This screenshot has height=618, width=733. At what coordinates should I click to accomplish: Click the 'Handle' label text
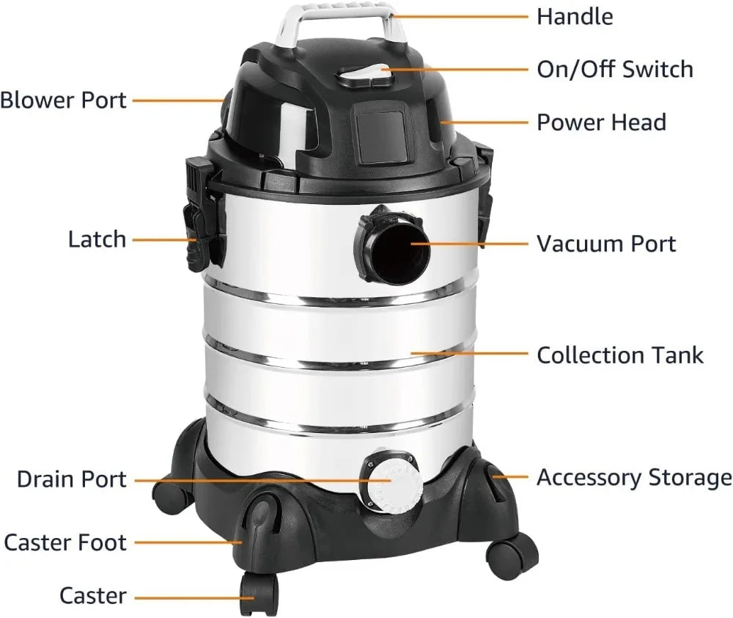tap(575, 16)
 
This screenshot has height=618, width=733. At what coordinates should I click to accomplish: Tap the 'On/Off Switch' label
tap(614, 69)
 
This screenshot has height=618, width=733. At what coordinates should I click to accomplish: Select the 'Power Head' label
tap(601, 122)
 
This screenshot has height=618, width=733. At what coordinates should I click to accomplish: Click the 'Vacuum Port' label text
tap(606, 243)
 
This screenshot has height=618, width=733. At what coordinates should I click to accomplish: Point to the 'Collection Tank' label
tap(620, 355)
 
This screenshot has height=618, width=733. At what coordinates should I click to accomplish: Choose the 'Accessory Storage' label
tap(634, 477)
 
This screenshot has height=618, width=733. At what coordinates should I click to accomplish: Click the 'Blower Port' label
tap(64, 100)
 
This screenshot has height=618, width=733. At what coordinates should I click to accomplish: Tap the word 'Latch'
tap(97, 239)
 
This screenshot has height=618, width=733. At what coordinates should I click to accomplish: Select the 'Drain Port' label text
tap(72, 479)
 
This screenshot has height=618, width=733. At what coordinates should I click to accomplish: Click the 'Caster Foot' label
tap(65, 543)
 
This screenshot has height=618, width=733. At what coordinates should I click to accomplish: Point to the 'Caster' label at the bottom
tap(93, 596)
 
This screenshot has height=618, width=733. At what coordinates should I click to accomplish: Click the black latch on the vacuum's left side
tap(199, 220)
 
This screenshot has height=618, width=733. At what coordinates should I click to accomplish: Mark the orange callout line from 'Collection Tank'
tap(469, 354)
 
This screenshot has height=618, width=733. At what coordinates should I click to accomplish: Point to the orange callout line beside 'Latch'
tap(164, 239)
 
